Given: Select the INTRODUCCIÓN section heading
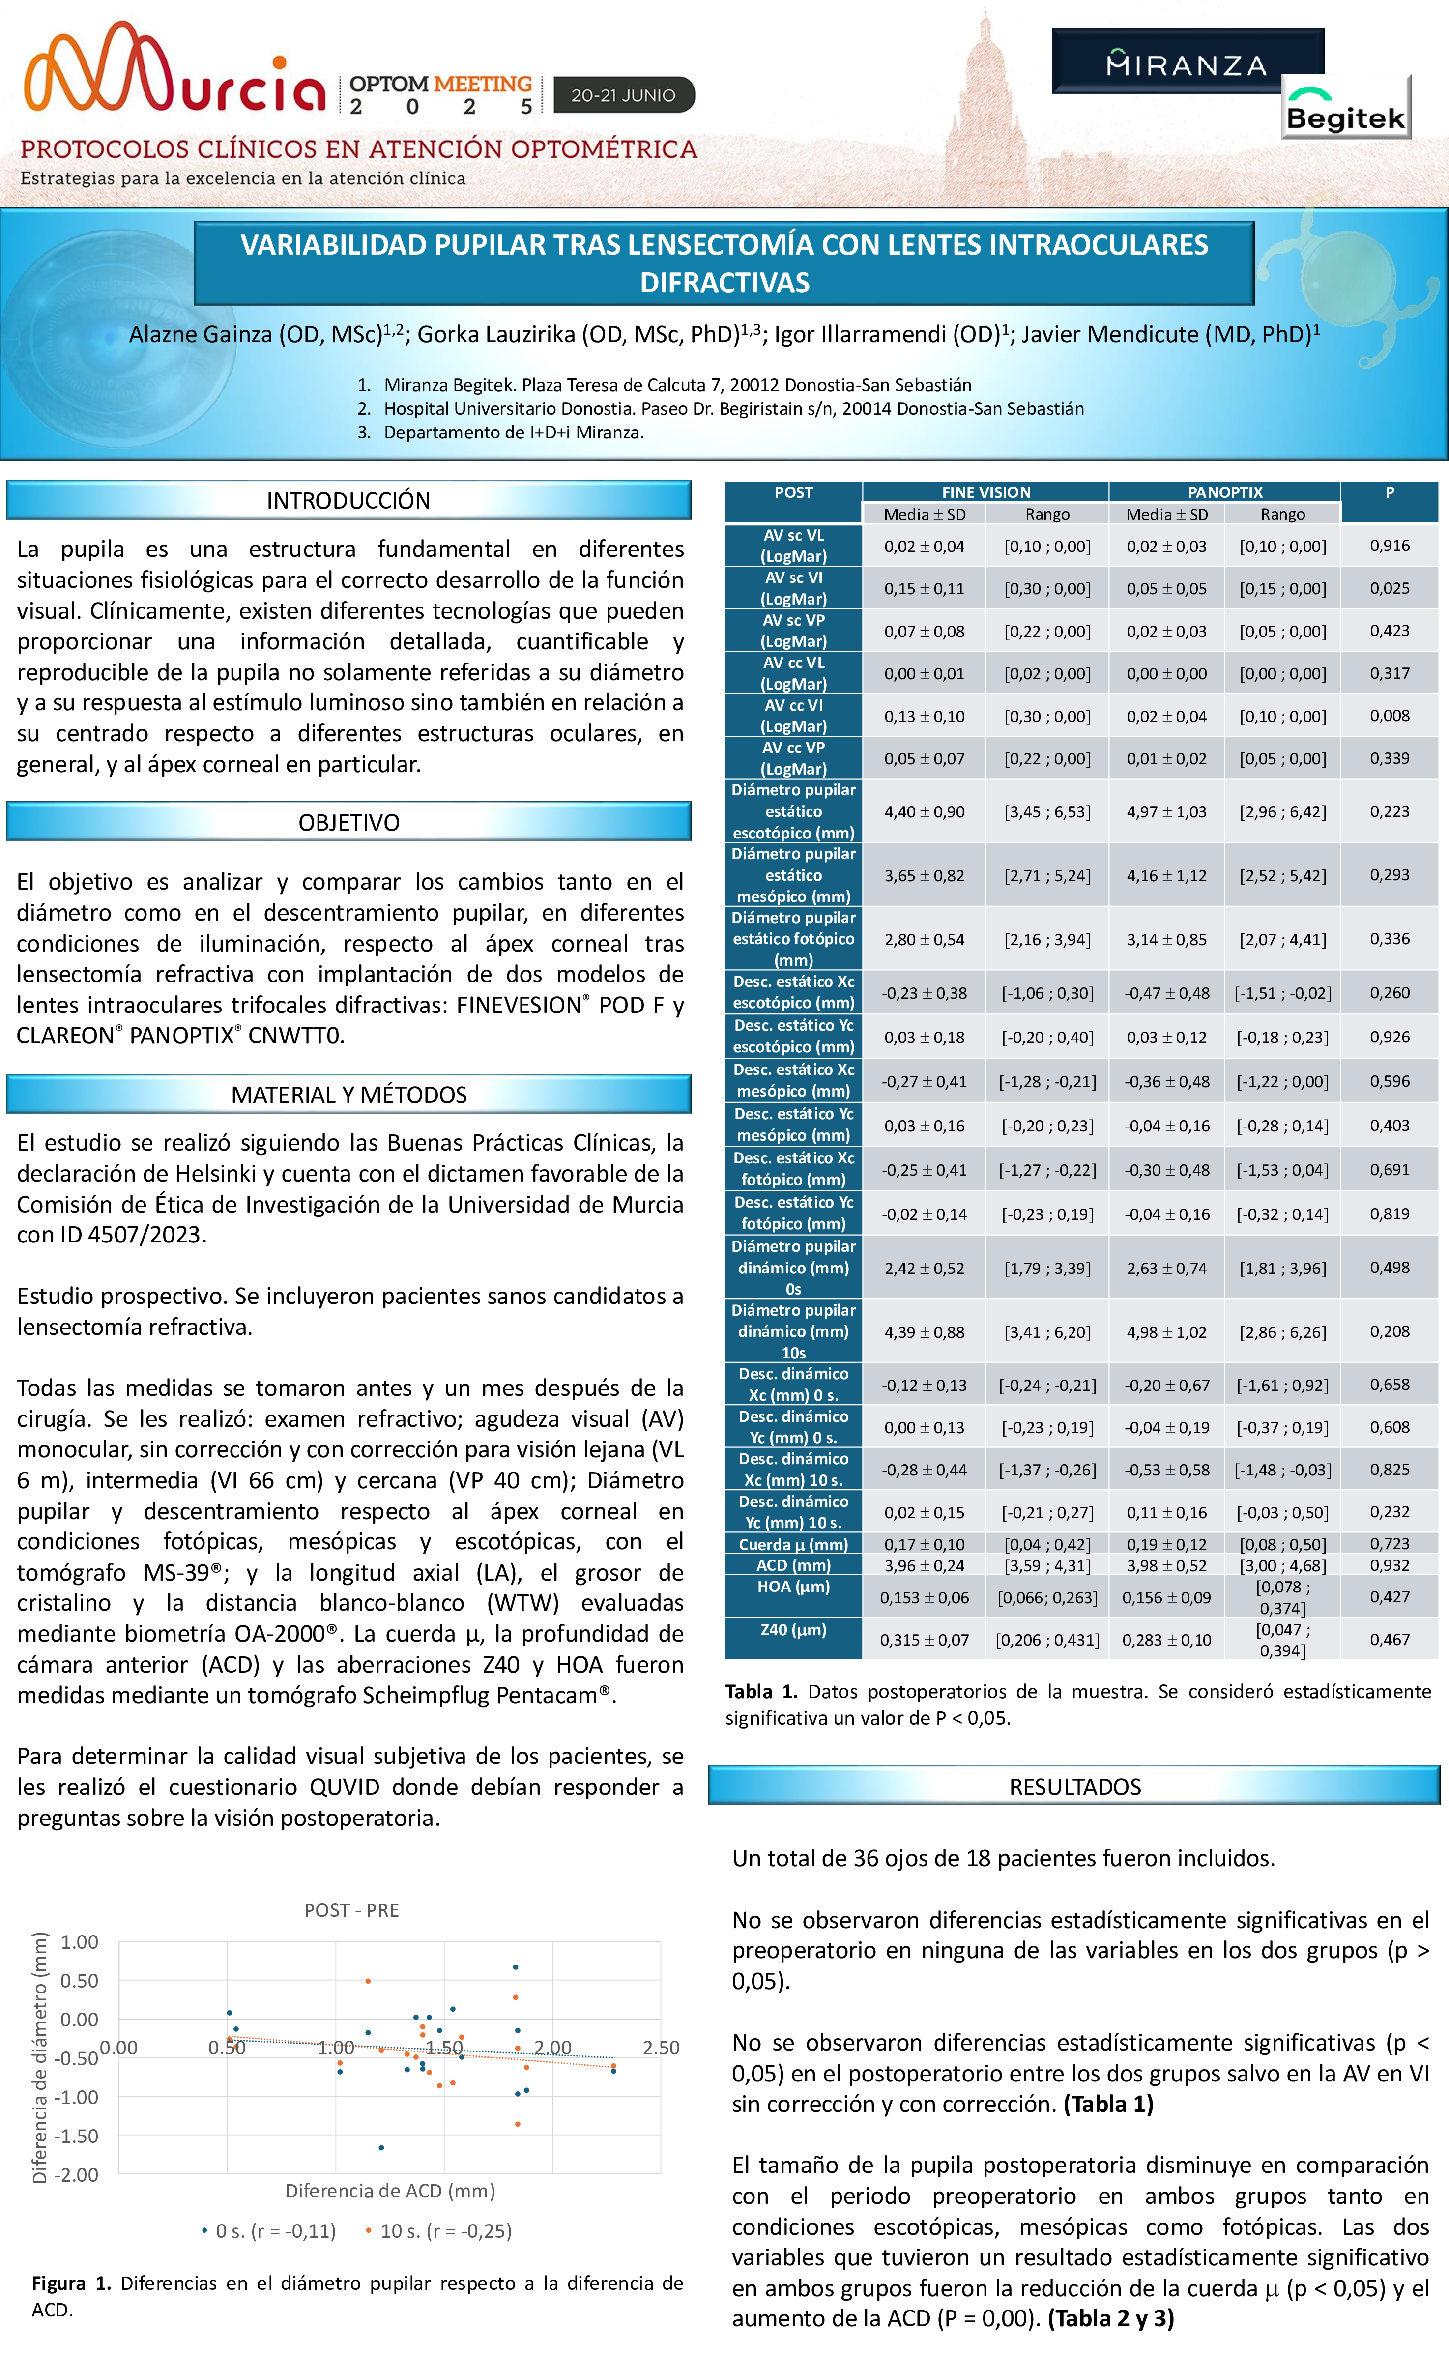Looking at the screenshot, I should click(x=348, y=500).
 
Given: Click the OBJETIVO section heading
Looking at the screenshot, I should click(x=348, y=822).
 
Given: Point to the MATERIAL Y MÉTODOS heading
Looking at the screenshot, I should click(x=348, y=1094).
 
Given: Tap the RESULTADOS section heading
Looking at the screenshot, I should click(x=1074, y=1787).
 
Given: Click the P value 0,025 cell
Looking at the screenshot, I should click(x=1390, y=587).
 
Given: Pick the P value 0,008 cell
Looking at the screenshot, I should click(x=1390, y=715).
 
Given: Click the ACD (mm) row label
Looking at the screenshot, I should click(x=793, y=1565).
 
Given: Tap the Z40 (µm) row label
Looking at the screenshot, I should click(x=793, y=1630).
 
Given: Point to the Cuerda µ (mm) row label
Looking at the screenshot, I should click(x=793, y=1544).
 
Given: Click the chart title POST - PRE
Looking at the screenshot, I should click(x=351, y=1910).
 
